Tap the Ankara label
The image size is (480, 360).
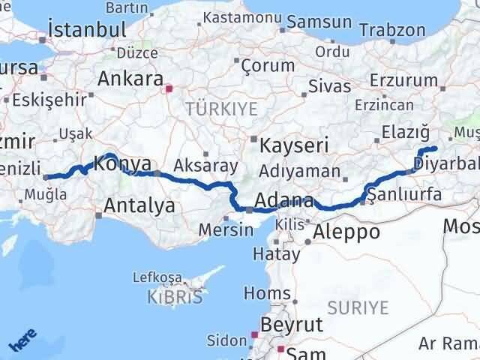point(130,79)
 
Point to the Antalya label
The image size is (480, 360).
point(140,205)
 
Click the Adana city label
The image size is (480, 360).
point(283,201)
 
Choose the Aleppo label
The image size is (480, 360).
point(346,232)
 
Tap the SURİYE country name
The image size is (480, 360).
point(358,307)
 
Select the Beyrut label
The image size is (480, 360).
point(291,325)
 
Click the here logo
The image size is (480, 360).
point(22,342)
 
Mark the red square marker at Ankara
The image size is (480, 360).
point(169,88)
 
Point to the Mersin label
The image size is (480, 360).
point(226,229)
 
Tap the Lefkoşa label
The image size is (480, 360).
point(157,277)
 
